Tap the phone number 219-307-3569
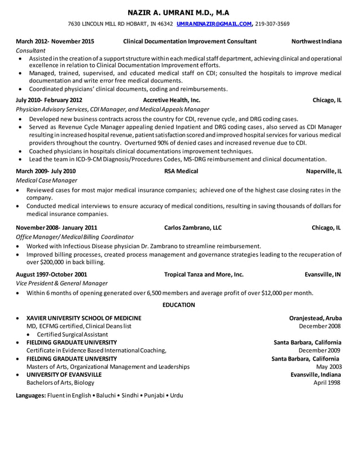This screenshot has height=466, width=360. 272,24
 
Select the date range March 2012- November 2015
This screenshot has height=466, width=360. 55,42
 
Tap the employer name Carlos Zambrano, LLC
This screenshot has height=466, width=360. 192,228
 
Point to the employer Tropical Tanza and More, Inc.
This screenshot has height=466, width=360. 203,275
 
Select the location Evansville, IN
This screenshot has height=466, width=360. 322,275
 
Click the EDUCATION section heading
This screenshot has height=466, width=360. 178,305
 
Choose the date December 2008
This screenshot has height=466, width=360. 319,326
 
